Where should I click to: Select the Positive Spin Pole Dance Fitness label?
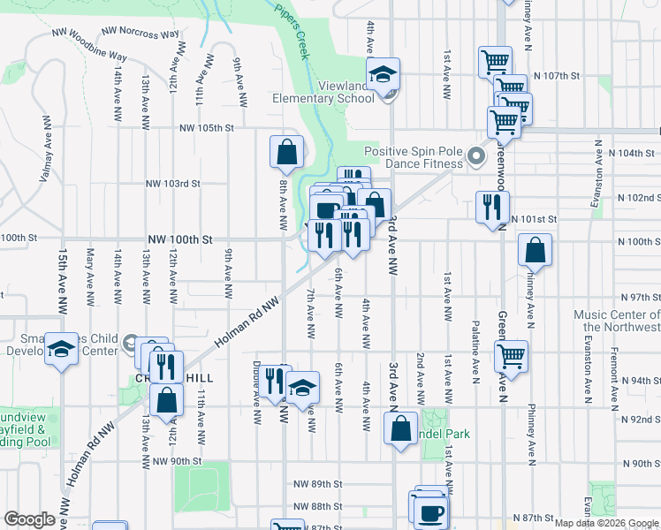click(x=413, y=157)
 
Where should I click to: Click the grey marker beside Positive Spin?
click(x=477, y=157)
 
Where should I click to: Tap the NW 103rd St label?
click(x=173, y=184)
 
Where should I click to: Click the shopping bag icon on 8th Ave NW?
click(x=287, y=152)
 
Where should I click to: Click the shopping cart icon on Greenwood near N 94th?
click(x=511, y=356)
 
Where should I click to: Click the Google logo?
click(x=29, y=519)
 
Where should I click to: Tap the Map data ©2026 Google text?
click(x=605, y=523)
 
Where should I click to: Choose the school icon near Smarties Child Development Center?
click(x=61, y=350)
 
